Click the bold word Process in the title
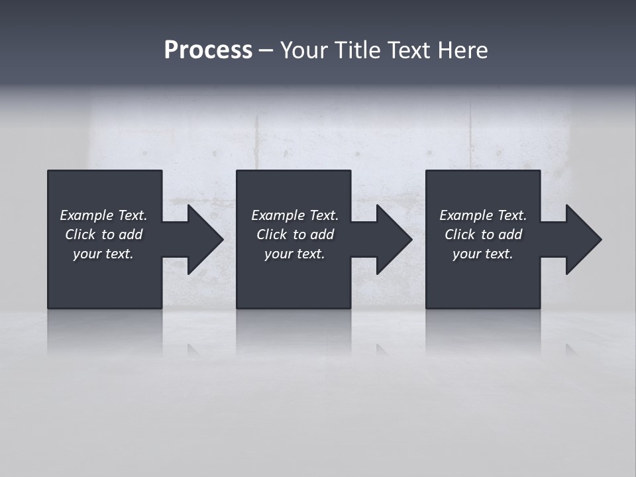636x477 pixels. click(x=208, y=50)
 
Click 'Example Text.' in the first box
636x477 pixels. click(x=103, y=215)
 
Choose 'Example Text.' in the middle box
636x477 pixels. click(x=295, y=215)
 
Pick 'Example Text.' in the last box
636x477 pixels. click(x=483, y=215)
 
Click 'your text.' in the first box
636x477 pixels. click(x=103, y=254)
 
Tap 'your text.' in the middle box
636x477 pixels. click(x=295, y=254)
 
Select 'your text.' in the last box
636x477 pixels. click(x=483, y=254)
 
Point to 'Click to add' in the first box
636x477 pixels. click(x=103, y=235)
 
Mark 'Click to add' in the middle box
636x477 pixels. click(x=295, y=235)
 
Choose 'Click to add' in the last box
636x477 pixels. click(x=483, y=235)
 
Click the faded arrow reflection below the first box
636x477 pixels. click(x=193, y=350)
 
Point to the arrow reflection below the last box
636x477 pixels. click(x=570, y=349)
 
